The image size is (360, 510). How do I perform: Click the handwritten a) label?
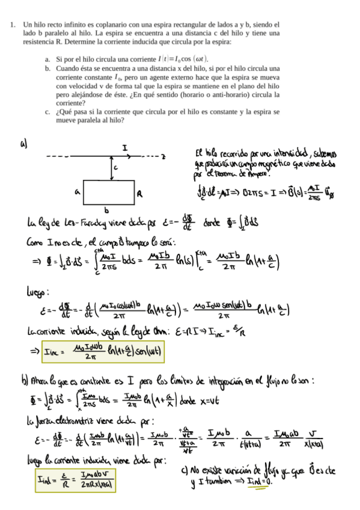point(23,144)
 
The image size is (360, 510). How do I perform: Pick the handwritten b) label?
point(24,381)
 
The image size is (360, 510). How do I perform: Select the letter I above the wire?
point(124,147)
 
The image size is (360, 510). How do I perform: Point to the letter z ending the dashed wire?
point(163,156)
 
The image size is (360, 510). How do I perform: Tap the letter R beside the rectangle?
point(139,194)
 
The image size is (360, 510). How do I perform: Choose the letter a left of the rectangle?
point(77,192)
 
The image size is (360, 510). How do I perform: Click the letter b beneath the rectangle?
point(106,210)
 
